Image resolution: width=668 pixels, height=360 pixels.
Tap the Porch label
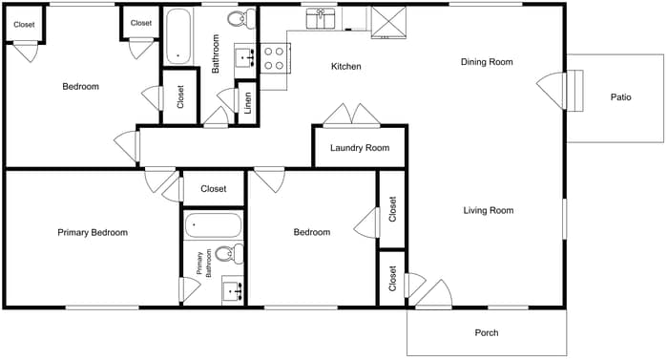pyautogui.click(x=487, y=333)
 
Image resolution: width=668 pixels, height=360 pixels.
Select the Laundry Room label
pyautogui.click(x=360, y=148)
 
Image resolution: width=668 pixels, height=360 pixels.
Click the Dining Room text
pyautogui.click(x=487, y=62)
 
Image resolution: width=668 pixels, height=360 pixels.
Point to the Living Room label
pyautogui.click(x=489, y=211)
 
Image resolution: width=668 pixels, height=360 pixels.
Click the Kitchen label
pyautogui.click(x=345, y=67)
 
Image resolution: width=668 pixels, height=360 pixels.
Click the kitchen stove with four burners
pyautogui.click(x=275, y=58)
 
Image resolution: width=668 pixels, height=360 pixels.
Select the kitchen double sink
pyautogui.click(x=321, y=16)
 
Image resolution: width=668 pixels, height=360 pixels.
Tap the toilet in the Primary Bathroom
pyautogui.click(x=226, y=255)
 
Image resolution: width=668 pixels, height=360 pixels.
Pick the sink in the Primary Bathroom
pyautogui.click(x=232, y=289)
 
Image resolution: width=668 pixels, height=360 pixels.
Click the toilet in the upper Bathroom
pyautogui.click(x=246, y=17)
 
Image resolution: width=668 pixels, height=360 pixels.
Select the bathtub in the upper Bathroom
pyautogui.click(x=177, y=36)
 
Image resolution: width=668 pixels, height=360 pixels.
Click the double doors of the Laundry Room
pyautogui.click(x=351, y=116)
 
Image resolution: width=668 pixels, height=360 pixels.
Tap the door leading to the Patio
pyautogui.click(x=553, y=92)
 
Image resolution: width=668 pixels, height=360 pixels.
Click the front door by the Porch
pyautogui.click(x=434, y=295)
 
